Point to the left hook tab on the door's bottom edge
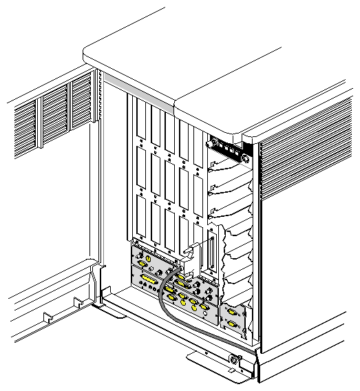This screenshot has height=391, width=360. (46, 318)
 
